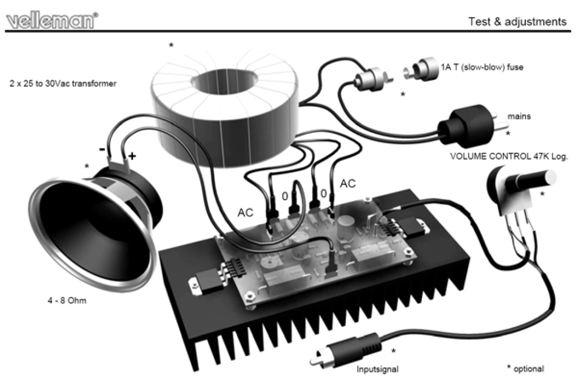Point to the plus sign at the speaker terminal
(x=132, y=156)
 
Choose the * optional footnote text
(x=525, y=369)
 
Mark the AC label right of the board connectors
(x=348, y=184)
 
